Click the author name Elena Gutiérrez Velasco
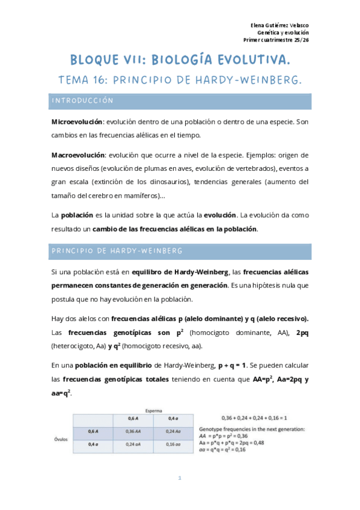[x=279, y=24]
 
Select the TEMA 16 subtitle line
[x=180, y=80]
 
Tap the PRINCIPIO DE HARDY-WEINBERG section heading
[x=117, y=250]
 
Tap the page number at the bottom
[x=180, y=478]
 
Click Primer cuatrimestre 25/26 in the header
[x=276, y=40]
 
